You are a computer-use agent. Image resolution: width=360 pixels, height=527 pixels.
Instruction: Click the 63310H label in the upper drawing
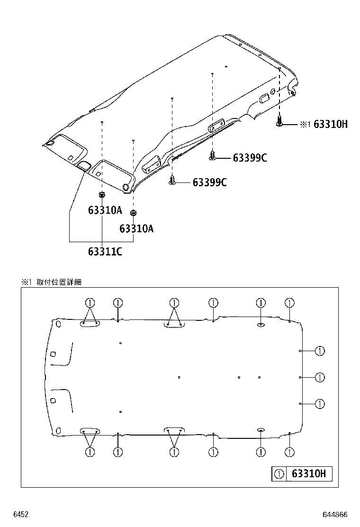point(331,125)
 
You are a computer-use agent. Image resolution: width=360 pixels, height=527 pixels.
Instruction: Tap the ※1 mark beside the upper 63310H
point(305,125)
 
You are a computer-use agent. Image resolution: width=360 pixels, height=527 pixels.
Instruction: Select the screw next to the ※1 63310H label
point(279,122)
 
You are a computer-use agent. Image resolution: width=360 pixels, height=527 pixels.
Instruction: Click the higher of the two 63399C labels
point(250,158)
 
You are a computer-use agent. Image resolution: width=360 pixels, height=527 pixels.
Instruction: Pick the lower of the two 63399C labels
point(209,182)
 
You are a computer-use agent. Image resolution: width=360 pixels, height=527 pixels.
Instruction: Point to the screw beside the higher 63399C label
point(213,155)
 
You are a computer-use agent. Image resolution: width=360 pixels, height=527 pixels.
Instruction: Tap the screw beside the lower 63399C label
point(172,181)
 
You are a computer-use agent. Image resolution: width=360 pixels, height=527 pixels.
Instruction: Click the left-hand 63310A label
point(105,210)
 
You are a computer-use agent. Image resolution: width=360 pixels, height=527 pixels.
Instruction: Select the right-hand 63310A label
point(136,229)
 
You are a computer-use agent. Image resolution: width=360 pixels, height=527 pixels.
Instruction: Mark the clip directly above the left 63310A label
point(102,195)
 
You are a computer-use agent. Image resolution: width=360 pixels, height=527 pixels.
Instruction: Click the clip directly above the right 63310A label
point(134,212)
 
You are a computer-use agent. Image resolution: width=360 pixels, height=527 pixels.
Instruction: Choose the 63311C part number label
point(105,251)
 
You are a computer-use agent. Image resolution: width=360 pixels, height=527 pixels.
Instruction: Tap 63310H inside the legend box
point(308,473)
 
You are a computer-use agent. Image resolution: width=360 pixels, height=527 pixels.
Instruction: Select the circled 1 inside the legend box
point(279,473)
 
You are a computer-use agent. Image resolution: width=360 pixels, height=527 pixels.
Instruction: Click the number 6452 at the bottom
point(21,514)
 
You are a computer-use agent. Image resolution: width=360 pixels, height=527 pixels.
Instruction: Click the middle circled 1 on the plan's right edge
point(319,377)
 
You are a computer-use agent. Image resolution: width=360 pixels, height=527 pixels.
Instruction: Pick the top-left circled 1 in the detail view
point(90,303)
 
